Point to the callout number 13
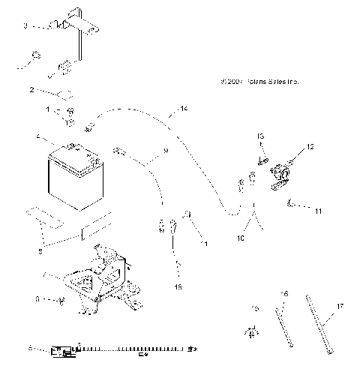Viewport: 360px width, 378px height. pos(262,136)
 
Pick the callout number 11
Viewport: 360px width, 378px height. pos(319,211)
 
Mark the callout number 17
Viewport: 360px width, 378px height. pos(340,306)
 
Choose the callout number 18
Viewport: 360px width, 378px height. pos(178,286)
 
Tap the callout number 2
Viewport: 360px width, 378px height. pos(32,90)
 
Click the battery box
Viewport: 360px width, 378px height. pos(73,179)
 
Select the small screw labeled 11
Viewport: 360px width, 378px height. pos(292,202)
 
